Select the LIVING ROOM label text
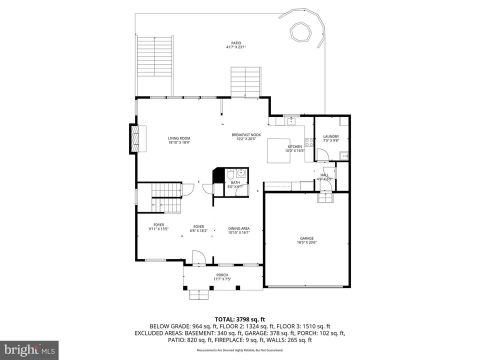coord(178,138)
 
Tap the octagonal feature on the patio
coord(300,32)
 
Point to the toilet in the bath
coord(229,175)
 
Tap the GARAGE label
coord(306,238)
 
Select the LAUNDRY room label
coord(331,136)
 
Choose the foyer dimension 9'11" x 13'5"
coord(159,229)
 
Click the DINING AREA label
coord(238,228)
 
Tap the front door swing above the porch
coord(199,256)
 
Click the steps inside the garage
coord(325,198)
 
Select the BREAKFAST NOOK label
coord(246,135)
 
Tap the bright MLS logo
coord(29,349)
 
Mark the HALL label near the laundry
coord(324,175)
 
